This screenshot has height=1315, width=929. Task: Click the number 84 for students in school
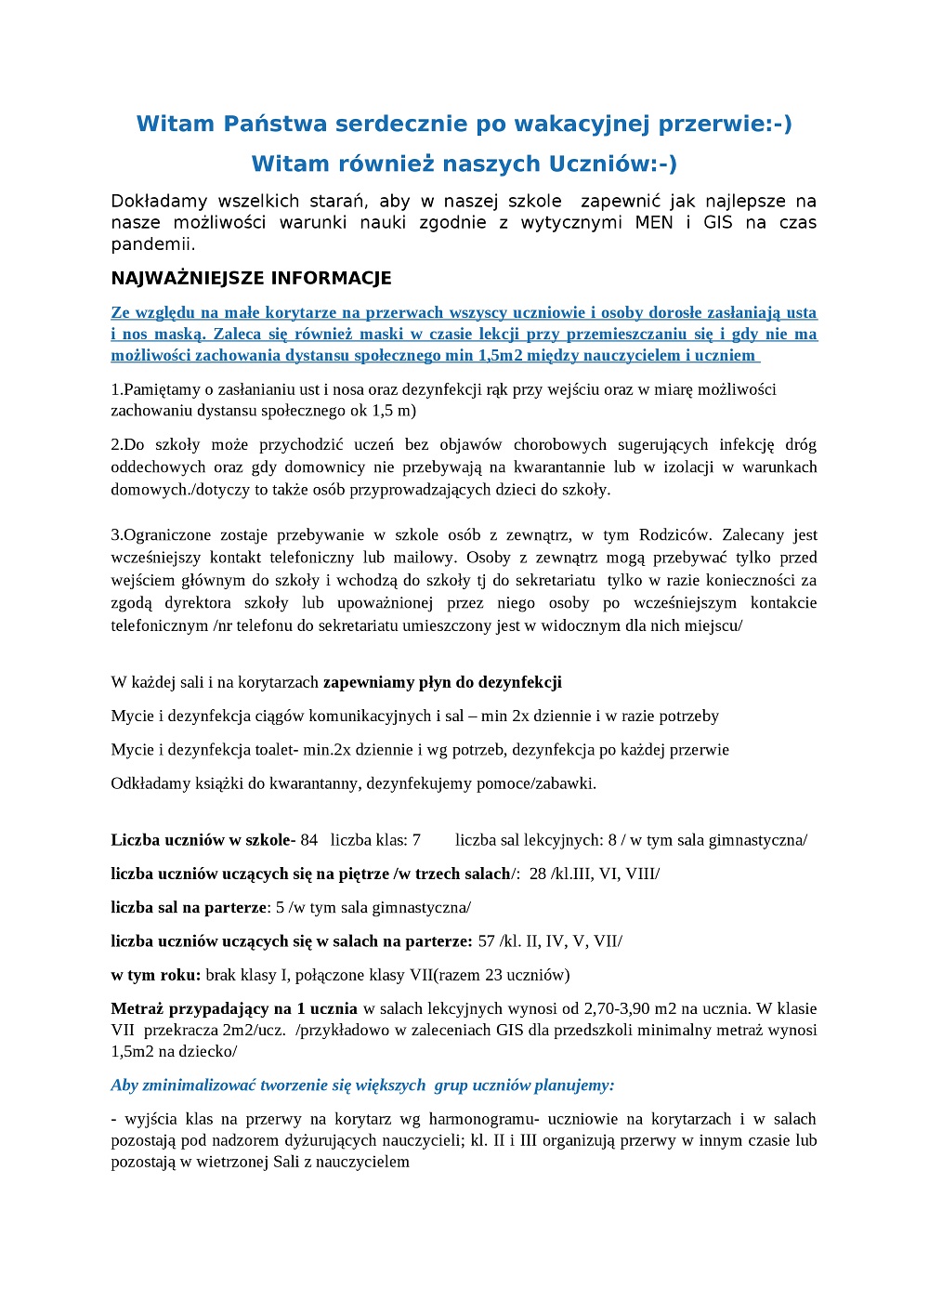[x=308, y=840]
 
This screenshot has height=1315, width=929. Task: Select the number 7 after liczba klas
[x=416, y=840]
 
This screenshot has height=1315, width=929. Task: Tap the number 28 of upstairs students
[x=537, y=874]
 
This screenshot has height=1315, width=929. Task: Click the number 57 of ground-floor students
[x=487, y=941]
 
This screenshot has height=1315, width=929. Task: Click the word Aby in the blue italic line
[x=124, y=1085]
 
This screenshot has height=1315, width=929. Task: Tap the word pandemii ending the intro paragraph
[x=151, y=245]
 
